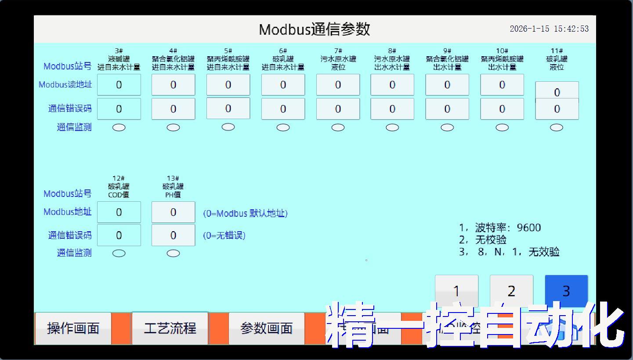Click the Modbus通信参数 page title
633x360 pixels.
(x=315, y=29)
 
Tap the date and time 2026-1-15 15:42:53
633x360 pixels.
(x=549, y=29)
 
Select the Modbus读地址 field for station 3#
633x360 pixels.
(x=119, y=85)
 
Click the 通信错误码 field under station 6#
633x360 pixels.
(x=283, y=109)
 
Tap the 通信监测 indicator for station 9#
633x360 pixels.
(x=447, y=127)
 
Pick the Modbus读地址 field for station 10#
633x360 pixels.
(x=502, y=85)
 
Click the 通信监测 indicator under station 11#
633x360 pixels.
(x=557, y=127)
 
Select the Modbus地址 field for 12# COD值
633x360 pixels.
(x=119, y=212)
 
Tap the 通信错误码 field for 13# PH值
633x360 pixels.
(x=173, y=235)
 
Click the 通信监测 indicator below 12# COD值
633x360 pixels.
(x=119, y=253)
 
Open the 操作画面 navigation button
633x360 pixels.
(x=73, y=328)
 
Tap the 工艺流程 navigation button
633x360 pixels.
(x=170, y=328)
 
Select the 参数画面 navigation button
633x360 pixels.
(x=267, y=328)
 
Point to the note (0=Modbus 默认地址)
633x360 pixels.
(x=245, y=214)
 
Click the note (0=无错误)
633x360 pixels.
(x=224, y=236)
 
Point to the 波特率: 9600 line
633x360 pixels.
(x=500, y=228)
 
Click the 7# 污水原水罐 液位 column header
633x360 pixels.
(x=338, y=59)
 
